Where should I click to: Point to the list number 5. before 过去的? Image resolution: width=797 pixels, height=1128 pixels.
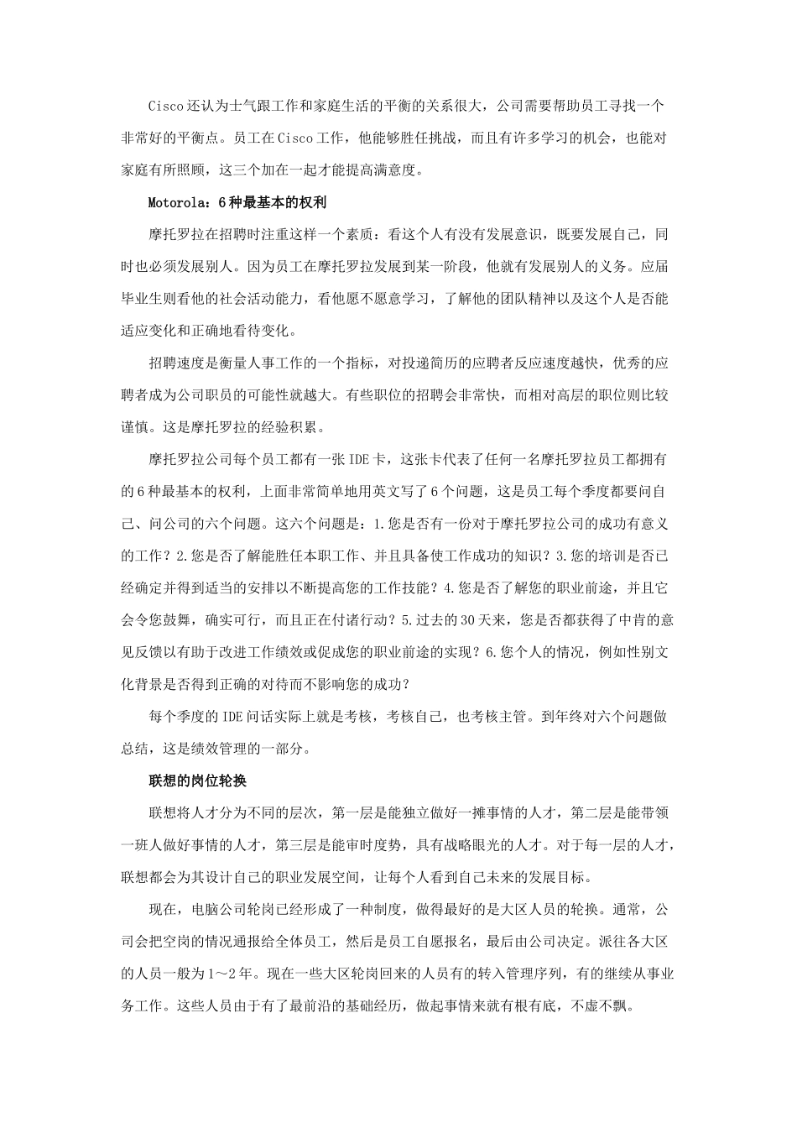point(408,620)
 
